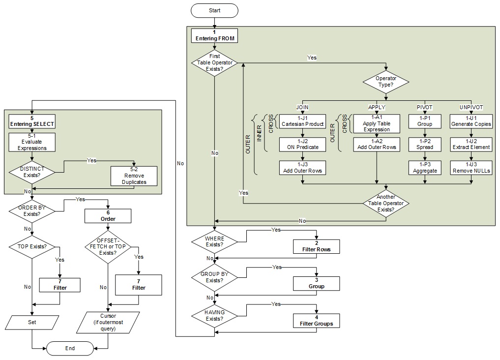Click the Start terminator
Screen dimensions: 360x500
point(214,10)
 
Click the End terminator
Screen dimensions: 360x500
point(70,348)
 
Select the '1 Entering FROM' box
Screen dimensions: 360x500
point(214,35)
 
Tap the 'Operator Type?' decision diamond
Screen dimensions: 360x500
point(385,82)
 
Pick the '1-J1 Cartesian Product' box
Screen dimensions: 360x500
point(302,121)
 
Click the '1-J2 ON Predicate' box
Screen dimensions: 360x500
point(302,144)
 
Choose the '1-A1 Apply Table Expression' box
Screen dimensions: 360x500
point(376,124)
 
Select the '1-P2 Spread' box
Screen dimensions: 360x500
point(425,144)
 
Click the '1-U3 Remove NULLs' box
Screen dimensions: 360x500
point(471,168)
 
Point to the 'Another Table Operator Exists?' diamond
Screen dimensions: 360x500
point(385,203)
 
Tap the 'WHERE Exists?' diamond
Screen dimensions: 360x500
point(214,241)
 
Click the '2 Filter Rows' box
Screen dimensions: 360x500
point(316,246)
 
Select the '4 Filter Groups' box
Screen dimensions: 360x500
point(316,321)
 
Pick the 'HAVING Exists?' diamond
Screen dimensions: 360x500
point(214,316)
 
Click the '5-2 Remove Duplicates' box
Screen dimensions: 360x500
point(134,176)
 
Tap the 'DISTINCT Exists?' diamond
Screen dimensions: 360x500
point(32,173)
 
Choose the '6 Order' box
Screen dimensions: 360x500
point(108,215)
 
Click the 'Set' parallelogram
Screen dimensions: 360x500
point(32,323)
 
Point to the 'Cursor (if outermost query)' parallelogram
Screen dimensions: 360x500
point(108,322)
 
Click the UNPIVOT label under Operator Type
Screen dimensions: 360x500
point(471,107)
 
